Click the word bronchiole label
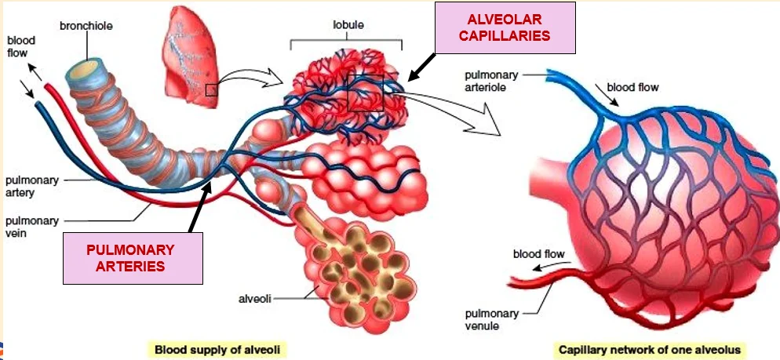pyautogui.click(x=86, y=25)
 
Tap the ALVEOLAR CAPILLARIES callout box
pyautogui.click(x=505, y=28)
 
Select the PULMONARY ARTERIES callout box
pyautogui.click(x=133, y=258)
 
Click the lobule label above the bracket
pyautogui.click(x=348, y=24)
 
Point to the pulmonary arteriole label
pyautogui.click(x=491, y=81)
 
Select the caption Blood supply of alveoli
pyautogui.click(x=217, y=350)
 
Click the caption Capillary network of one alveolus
pyautogui.click(x=650, y=350)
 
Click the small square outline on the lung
pyautogui.click(x=211, y=90)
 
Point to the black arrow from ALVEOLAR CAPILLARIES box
pyautogui.click(x=421, y=67)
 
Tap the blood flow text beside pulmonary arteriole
pyautogui.click(x=632, y=88)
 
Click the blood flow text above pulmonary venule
pyautogui.click(x=539, y=255)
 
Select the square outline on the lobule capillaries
pyautogui.click(x=366, y=93)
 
